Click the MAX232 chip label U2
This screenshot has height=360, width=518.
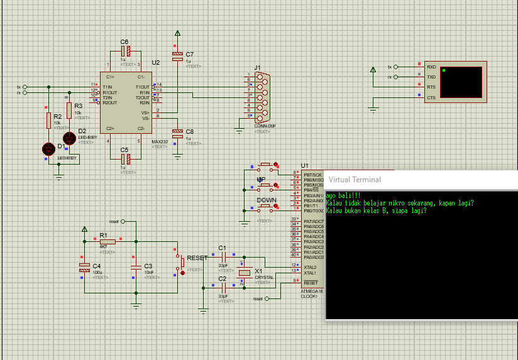pyautogui.click(x=156, y=63)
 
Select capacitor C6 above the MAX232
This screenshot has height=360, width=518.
pyautogui.click(x=124, y=51)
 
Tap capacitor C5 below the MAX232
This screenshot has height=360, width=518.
pyautogui.click(x=124, y=158)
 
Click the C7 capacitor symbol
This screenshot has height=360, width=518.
pyautogui.click(x=178, y=55)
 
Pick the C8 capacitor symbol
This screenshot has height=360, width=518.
pyautogui.click(x=178, y=133)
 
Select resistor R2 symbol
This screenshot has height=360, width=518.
pyautogui.click(x=48, y=121)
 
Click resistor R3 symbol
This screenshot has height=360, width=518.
pyautogui.click(x=69, y=109)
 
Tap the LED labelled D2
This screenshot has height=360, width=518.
pyautogui.click(x=69, y=138)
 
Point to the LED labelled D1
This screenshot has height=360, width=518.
pyautogui.click(x=48, y=149)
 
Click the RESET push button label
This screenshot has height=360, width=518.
pyautogui.click(x=197, y=258)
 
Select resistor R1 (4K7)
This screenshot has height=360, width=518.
pyautogui.click(x=107, y=241)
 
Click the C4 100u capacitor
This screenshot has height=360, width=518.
pyautogui.click(x=84, y=268)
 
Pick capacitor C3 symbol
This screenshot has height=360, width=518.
pyautogui.click(x=136, y=268)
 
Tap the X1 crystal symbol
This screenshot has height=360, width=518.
pyautogui.click(x=245, y=273)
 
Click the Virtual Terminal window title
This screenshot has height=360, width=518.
pyautogui.click(x=355, y=180)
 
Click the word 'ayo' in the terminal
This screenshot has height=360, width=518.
pyautogui.click(x=331, y=195)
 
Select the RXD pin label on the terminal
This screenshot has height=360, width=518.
pyautogui.click(x=431, y=67)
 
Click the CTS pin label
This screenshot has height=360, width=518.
pyautogui.click(x=431, y=97)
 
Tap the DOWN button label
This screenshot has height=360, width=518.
pyautogui.click(x=267, y=200)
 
